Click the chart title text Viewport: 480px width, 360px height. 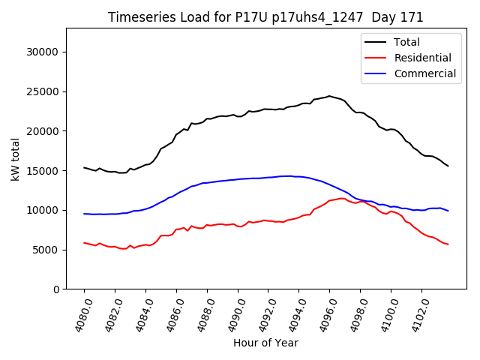265,17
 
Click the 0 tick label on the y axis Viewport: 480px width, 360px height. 55,289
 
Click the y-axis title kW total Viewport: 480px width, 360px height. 15,159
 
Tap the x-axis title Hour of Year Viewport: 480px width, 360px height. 265,343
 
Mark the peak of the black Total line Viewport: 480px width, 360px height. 328,96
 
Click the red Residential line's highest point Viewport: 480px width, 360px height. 343,198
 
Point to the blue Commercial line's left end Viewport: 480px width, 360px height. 84,214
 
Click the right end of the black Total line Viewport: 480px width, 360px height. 448,166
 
